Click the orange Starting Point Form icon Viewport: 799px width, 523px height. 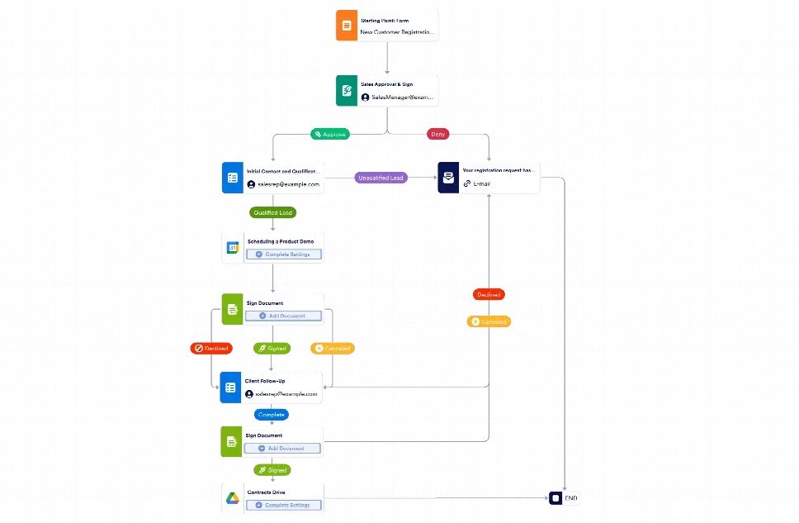346,26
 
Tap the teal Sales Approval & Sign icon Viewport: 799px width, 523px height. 346,89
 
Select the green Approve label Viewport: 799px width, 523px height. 329,133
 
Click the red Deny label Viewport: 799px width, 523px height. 437,133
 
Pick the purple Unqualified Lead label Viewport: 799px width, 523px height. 381,178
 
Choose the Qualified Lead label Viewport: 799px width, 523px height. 273,212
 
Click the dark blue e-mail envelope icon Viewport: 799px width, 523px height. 447,178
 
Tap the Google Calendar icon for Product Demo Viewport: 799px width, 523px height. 233,248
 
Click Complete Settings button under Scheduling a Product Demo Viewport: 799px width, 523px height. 283,254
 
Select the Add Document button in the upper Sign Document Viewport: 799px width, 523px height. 283,316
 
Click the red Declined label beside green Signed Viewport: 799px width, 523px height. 210,349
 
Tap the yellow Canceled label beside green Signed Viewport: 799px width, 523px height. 333,349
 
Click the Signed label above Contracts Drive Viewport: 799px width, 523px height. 272,470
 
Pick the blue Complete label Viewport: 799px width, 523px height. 272,415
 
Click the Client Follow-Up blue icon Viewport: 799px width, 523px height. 231,387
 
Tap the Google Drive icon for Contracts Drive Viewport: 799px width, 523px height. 233,499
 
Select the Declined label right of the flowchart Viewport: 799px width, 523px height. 487,294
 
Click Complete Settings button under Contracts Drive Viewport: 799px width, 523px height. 283,505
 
